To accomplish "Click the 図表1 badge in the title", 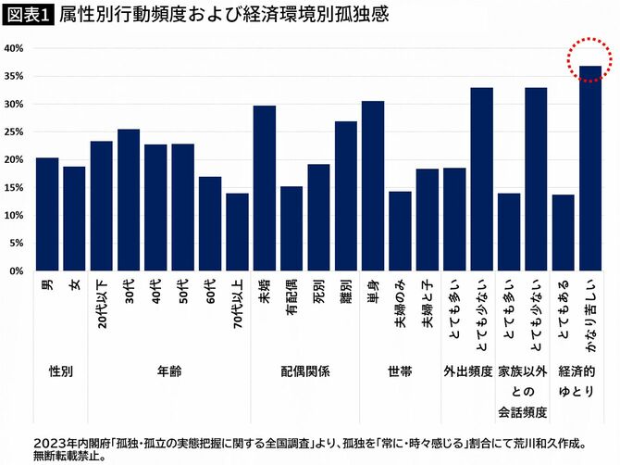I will pyautogui.click(x=28, y=16).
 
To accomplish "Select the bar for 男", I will pyautogui.click(x=47, y=214).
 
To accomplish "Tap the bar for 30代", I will pyautogui.click(x=129, y=200).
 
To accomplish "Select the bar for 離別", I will pyautogui.click(x=346, y=196).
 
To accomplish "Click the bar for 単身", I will pyautogui.click(x=373, y=186).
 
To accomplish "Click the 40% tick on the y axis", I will pyautogui.click(x=14, y=48).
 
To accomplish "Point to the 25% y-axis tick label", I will pyautogui.click(x=14, y=132).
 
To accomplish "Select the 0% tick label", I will pyautogui.click(x=18, y=271).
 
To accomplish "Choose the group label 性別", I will pyautogui.click(x=61, y=371).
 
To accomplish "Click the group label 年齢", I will pyautogui.click(x=169, y=371).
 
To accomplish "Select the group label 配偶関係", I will pyautogui.click(x=305, y=371).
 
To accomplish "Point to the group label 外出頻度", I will pyautogui.click(x=467, y=371).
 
